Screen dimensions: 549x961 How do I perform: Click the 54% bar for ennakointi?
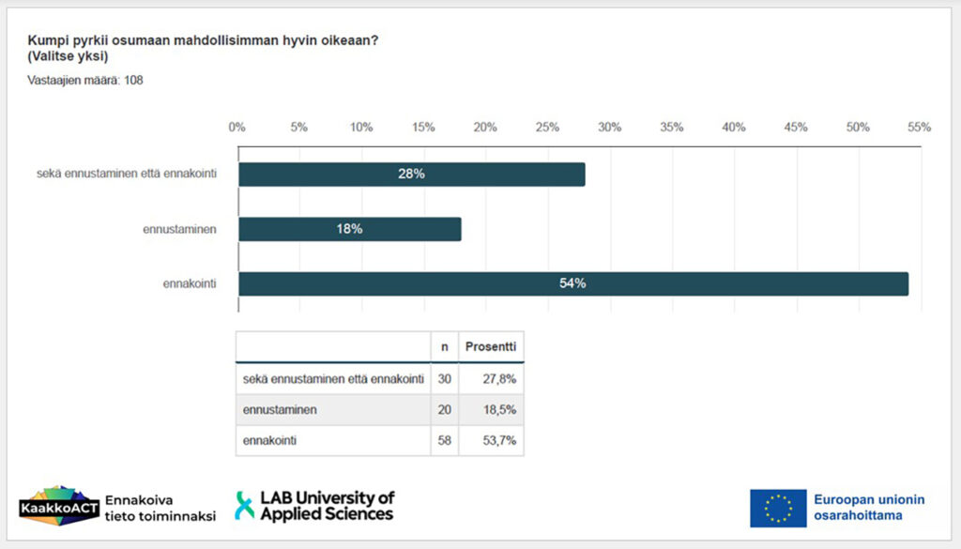click(x=572, y=283)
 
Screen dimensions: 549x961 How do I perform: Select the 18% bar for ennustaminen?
click(x=349, y=229)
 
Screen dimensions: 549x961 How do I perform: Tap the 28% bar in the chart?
click(x=411, y=175)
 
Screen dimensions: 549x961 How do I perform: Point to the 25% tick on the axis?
click(x=547, y=128)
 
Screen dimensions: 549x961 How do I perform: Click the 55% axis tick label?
click(x=919, y=128)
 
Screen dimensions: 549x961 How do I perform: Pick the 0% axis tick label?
click(x=237, y=128)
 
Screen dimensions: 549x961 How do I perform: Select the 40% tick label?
click(x=733, y=128)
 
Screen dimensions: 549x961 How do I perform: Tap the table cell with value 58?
click(x=444, y=440)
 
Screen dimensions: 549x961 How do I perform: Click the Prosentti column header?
click(x=491, y=346)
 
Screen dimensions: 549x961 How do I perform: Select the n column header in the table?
click(x=444, y=346)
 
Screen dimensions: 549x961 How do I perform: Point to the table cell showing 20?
click(x=444, y=409)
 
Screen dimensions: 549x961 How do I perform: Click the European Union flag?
click(x=778, y=508)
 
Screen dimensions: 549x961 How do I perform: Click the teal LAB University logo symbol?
click(x=244, y=506)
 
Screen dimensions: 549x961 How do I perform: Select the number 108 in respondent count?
click(x=133, y=80)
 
